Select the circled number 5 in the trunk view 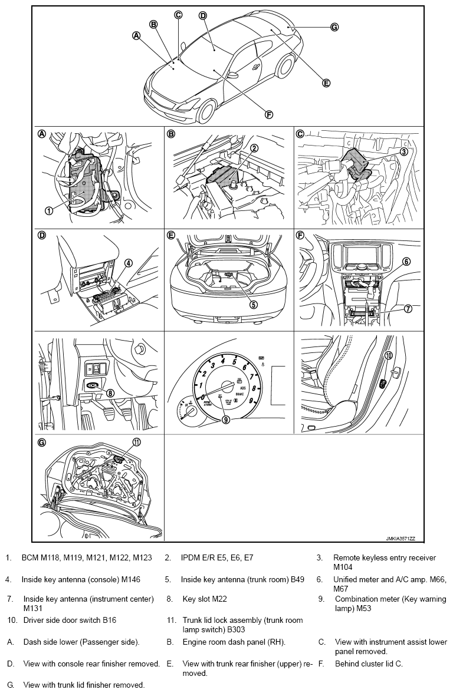(x=254, y=305)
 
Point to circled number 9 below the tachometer (x=225, y=420)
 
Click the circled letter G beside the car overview (x=334, y=27)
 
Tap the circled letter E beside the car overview (x=326, y=83)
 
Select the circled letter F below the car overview (x=269, y=114)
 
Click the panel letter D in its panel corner (x=42, y=235)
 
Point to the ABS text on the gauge (x=239, y=387)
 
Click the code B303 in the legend (x=229, y=629)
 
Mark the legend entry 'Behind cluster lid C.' (x=369, y=664)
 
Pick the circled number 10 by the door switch (x=389, y=355)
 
